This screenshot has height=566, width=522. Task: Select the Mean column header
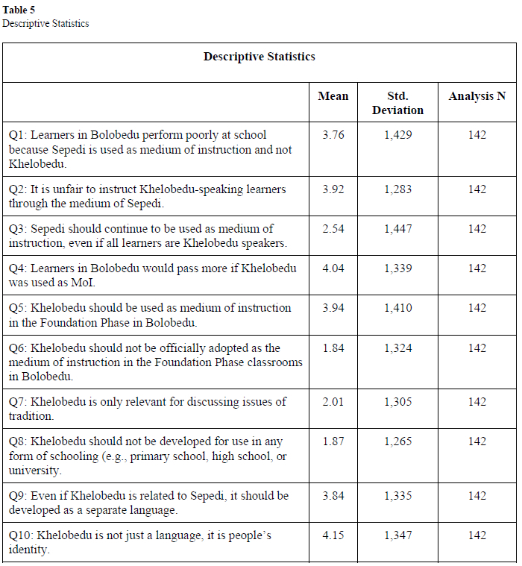[333, 96]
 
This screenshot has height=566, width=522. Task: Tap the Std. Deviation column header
[397, 103]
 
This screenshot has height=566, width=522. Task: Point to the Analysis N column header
[477, 96]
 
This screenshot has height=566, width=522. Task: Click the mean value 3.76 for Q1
[333, 135]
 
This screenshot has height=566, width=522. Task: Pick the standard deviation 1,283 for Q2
[397, 189]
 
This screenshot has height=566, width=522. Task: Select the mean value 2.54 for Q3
[333, 229]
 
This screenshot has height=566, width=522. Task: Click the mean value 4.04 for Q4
[333, 268]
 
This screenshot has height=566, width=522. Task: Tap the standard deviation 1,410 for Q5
[397, 308]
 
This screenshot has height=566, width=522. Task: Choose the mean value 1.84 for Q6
[333, 348]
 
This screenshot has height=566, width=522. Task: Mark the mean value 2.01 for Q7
[333, 402]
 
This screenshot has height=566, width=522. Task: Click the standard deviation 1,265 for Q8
[397, 441]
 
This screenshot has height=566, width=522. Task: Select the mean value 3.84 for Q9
[333, 496]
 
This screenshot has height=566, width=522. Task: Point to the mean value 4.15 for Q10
[333, 535]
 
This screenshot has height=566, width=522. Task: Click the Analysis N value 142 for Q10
[477, 535]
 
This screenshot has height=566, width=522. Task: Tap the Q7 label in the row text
[17, 402]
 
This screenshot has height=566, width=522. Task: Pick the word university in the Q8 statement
[34, 471]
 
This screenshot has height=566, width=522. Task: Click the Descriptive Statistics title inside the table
[259, 57]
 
